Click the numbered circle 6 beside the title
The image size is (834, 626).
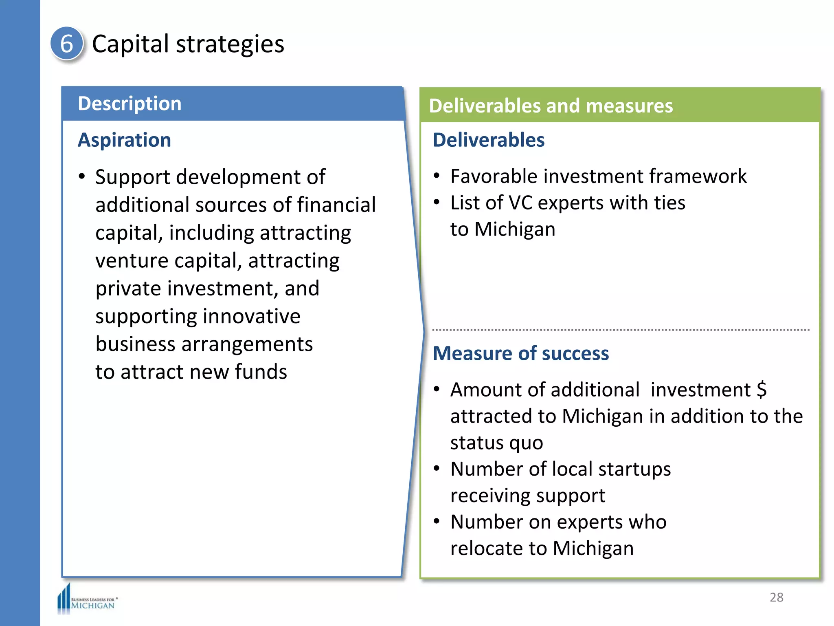(67, 44)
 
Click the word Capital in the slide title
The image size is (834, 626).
(130, 44)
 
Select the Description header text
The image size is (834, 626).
(129, 104)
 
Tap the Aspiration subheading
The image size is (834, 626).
(124, 140)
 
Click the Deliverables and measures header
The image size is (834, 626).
(551, 106)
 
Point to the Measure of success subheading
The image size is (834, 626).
(520, 353)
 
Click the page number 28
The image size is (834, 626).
(776, 597)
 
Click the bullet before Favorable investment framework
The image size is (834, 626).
(437, 176)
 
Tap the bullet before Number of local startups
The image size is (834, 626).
(437, 469)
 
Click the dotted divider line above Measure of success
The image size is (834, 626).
(620, 330)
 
